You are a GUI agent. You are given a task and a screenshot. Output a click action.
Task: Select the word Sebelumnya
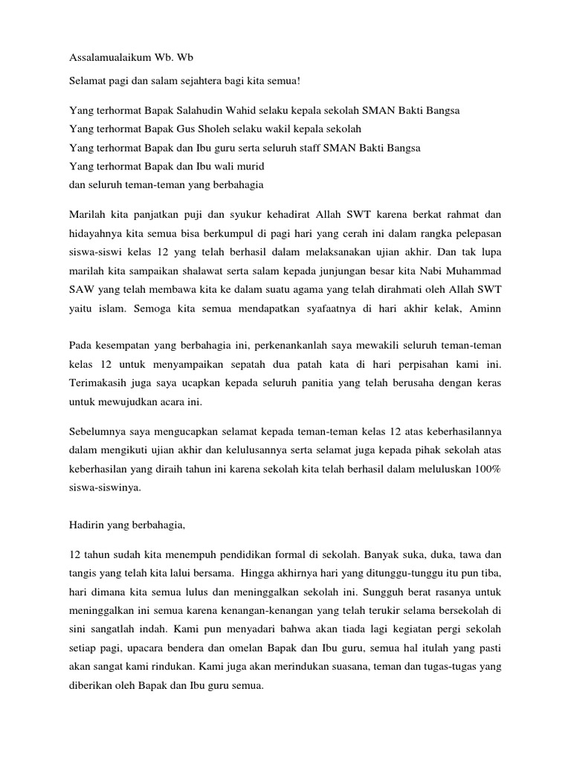(100, 432)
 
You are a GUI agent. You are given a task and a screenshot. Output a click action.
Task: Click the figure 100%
(486, 470)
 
